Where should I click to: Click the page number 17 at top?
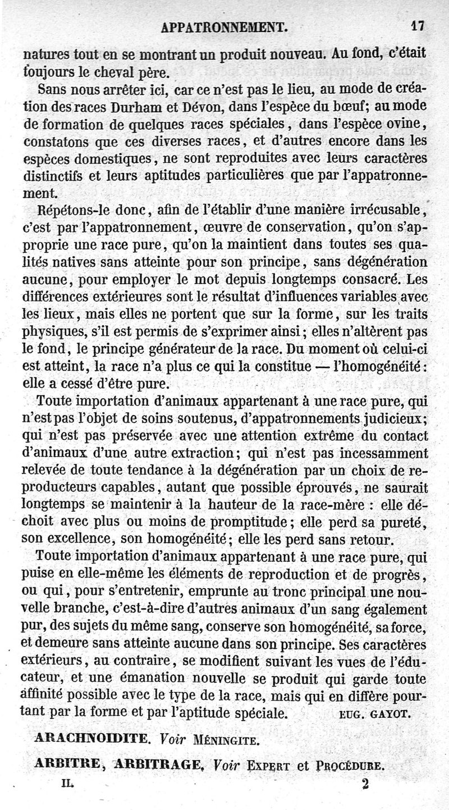coord(416,25)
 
